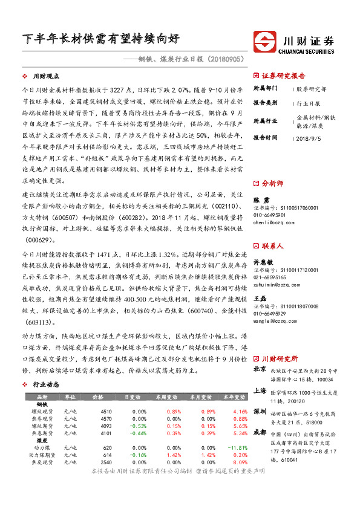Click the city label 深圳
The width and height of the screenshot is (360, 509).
click(x=259, y=412)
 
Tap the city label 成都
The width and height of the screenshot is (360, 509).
click(x=259, y=432)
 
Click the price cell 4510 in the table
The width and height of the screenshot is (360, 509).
click(x=105, y=411)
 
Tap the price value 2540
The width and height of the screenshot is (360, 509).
click(x=105, y=462)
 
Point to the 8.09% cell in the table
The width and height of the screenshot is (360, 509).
click(x=232, y=462)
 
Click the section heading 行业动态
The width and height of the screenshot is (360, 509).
click(x=45, y=384)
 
